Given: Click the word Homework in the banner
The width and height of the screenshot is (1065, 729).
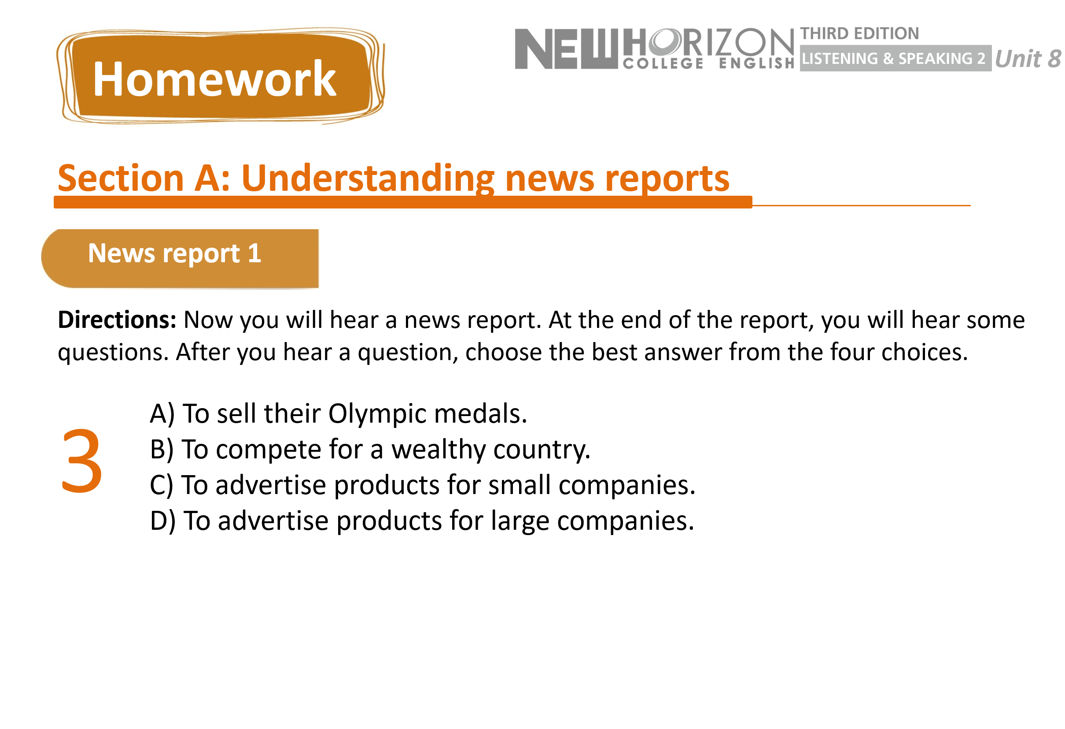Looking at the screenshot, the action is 214,79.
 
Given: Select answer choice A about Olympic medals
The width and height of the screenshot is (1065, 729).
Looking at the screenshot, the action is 338,414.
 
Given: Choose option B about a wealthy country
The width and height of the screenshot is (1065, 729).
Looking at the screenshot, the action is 370,450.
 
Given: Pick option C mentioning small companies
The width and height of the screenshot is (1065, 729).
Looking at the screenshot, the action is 423,485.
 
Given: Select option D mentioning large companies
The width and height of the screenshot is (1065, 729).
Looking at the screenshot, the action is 422,521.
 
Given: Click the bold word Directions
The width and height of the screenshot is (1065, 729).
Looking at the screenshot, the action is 117,320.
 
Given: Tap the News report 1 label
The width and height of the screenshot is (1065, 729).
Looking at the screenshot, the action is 175,254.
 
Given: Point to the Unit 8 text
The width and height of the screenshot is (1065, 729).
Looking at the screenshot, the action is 1028,59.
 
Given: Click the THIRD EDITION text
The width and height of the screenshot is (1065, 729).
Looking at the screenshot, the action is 860,33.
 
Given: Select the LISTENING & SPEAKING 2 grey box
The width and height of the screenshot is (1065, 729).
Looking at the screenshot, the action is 895,58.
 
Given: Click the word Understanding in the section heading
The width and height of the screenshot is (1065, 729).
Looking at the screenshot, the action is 368,179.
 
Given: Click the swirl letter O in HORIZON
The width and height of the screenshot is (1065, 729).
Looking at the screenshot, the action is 665,41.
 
